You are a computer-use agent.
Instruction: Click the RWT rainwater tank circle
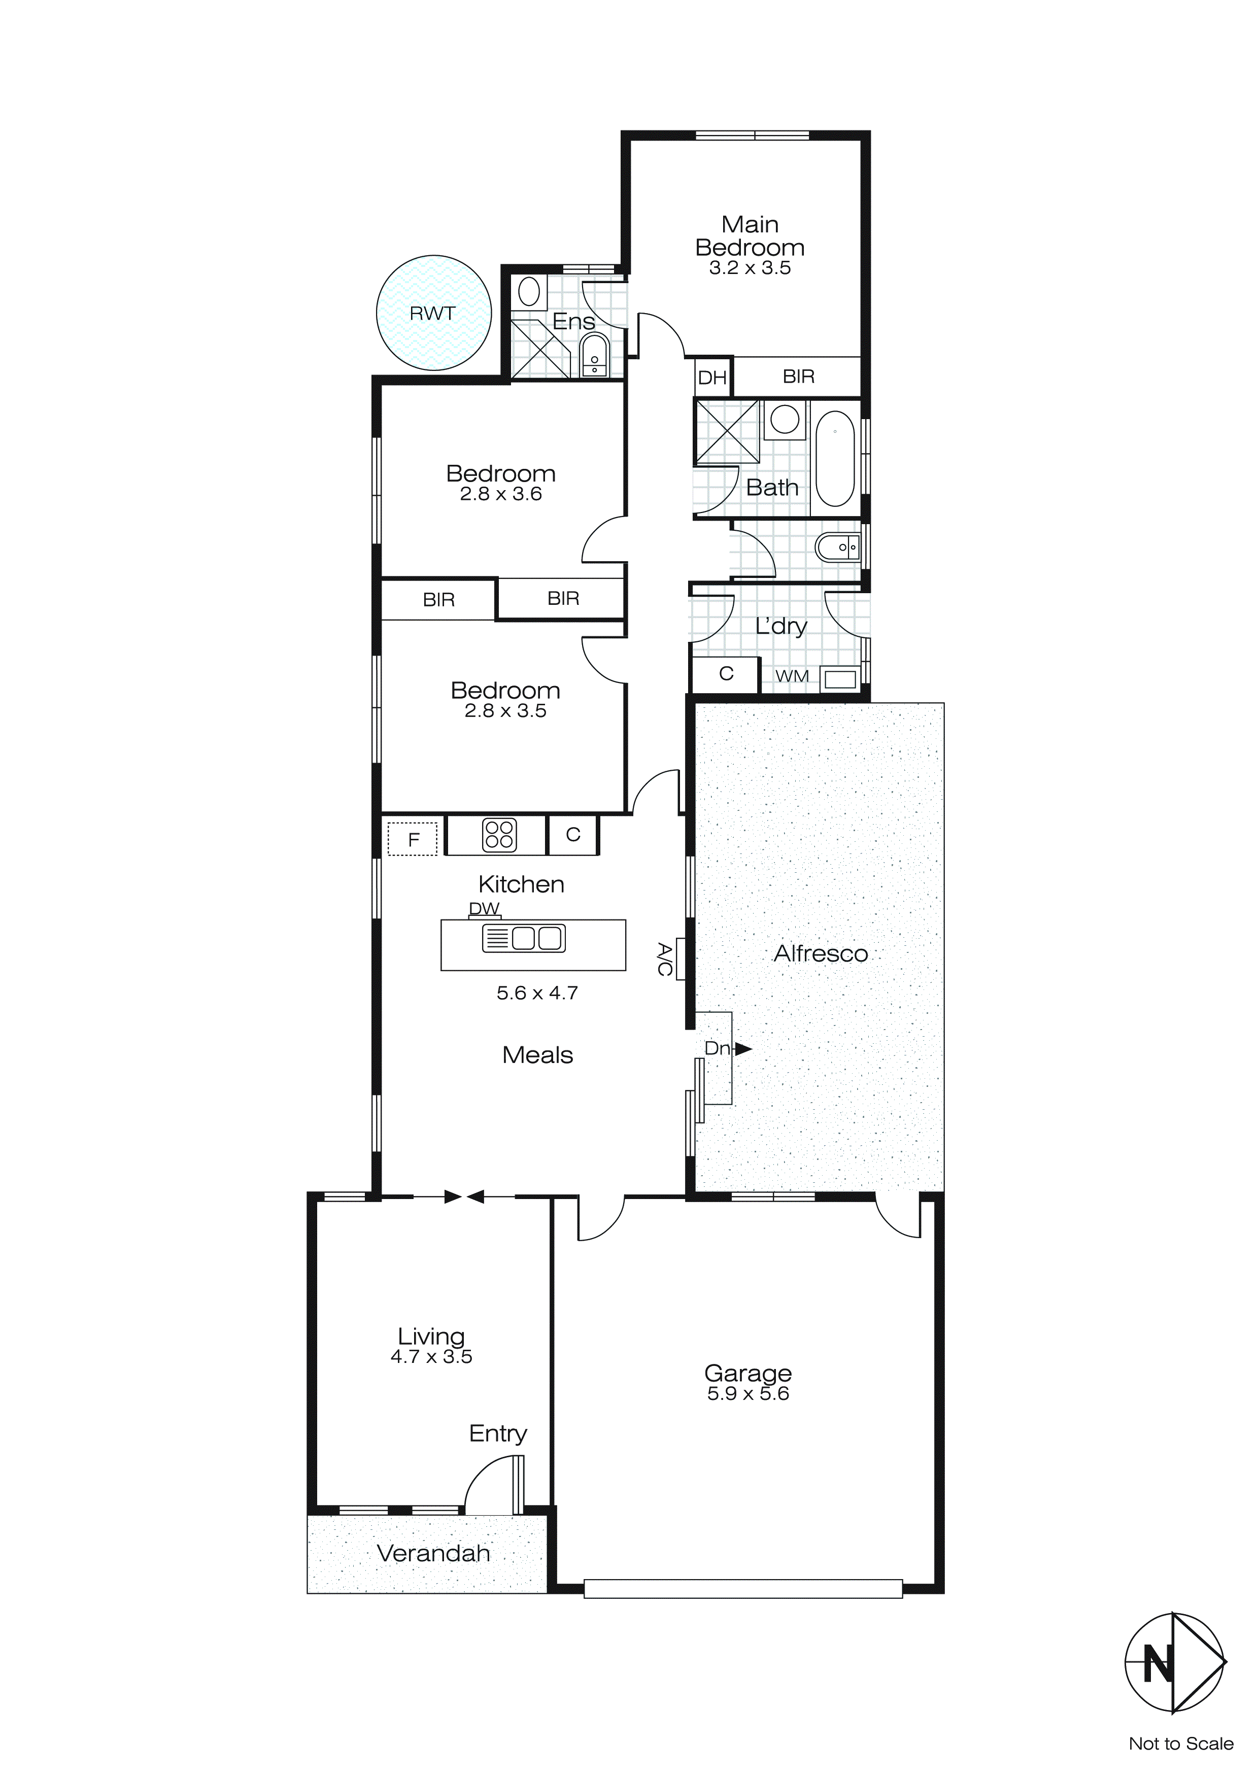[434, 313]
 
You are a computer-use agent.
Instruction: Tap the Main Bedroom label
[750, 236]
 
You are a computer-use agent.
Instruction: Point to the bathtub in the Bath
[835, 458]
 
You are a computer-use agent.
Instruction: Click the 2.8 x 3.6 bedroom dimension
[500, 494]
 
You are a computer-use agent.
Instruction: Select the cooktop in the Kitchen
[499, 835]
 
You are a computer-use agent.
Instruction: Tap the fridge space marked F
[413, 839]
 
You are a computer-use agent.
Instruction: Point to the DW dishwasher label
[484, 908]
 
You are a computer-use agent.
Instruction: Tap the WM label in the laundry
[792, 676]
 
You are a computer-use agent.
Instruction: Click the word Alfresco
[821, 953]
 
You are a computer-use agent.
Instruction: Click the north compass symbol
[1174, 1663]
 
